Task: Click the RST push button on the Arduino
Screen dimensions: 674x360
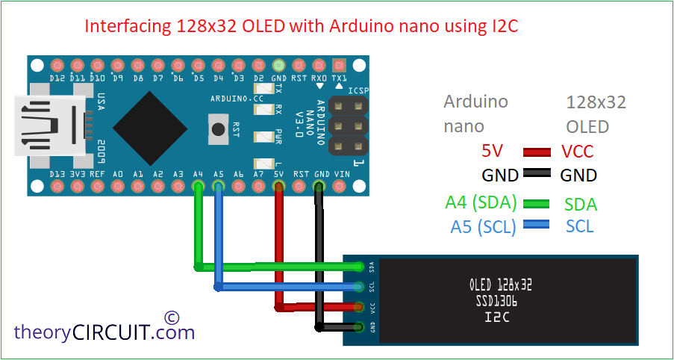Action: (219, 129)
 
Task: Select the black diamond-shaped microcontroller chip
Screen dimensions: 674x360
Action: (150, 128)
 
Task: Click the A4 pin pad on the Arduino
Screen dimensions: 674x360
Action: (198, 186)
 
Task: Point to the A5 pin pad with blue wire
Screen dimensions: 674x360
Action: (219, 186)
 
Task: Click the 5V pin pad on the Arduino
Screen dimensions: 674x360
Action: (279, 186)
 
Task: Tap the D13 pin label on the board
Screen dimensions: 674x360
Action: (57, 174)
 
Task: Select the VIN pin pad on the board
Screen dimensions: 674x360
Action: (340, 186)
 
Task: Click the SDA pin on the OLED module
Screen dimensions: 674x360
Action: (358, 267)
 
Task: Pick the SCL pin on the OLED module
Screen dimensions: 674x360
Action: (358, 287)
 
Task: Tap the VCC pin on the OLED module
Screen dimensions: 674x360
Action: (358, 307)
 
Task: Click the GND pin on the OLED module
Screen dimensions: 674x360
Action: (358, 327)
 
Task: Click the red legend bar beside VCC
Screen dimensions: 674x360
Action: (537, 152)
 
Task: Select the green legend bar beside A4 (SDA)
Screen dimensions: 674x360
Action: (537, 204)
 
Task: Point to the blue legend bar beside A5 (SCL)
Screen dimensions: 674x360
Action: (537, 224)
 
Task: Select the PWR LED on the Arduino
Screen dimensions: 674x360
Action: (264, 137)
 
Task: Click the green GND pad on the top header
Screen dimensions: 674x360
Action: (279, 66)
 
